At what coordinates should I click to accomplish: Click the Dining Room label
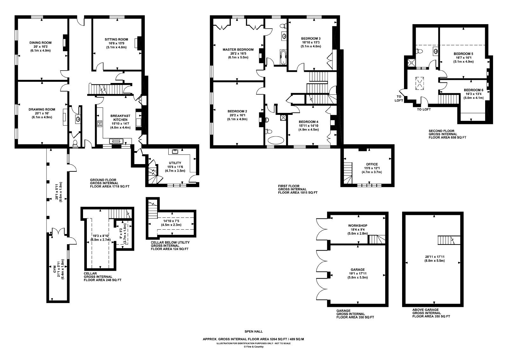tap(40, 43)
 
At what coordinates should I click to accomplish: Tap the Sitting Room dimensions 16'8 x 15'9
tap(116, 43)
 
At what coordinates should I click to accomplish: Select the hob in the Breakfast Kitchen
tap(100, 124)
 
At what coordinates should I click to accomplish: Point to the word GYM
tap(54, 271)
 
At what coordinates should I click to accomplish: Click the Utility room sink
tap(175, 151)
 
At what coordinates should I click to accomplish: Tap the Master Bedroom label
tap(238, 50)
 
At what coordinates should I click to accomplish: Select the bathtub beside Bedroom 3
tap(283, 57)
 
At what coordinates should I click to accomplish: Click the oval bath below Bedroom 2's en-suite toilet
tap(276, 140)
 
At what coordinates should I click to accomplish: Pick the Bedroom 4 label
tap(309, 122)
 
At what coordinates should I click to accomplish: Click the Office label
tap(372, 164)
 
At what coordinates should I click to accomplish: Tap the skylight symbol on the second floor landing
tap(420, 83)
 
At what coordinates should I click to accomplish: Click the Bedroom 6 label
tap(474, 90)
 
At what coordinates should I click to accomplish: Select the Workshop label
tap(358, 225)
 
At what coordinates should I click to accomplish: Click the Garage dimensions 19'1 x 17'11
tap(358, 273)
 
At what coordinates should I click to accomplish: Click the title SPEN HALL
tap(254, 331)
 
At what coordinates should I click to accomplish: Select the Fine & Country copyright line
tap(254, 347)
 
